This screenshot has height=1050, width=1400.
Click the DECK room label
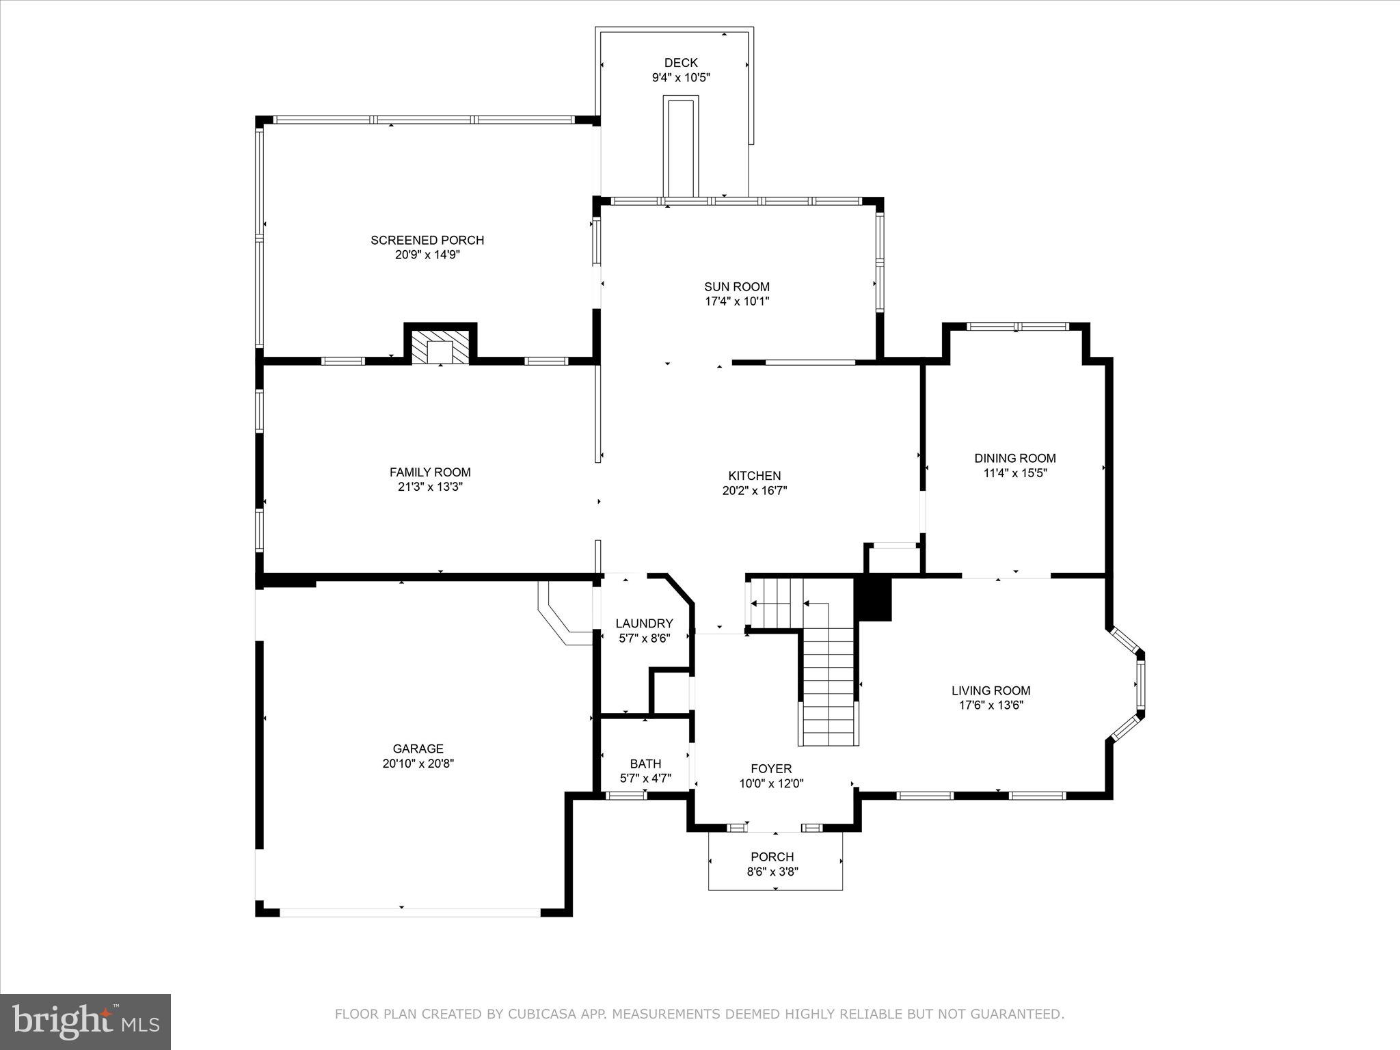click(681, 63)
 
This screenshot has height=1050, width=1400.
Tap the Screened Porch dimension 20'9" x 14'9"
click(428, 255)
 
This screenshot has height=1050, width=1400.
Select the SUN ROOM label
click(737, 287)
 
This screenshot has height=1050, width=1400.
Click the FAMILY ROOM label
click(430, 472)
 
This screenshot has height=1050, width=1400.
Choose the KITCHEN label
click(755, 476)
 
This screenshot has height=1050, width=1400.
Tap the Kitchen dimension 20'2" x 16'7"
click(755, 491)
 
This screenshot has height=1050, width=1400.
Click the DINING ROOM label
click(1015, 458)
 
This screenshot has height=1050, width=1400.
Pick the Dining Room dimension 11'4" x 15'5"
click(1015, 473)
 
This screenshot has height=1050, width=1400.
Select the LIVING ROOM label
click(991, 690)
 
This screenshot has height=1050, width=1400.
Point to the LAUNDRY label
click(644, 623)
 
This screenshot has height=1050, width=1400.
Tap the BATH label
click(645, 764)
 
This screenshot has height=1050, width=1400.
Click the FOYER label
click(771, 769)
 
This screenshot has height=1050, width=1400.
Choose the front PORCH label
click(772, 857)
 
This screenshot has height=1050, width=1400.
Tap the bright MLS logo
click(85, 1022)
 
